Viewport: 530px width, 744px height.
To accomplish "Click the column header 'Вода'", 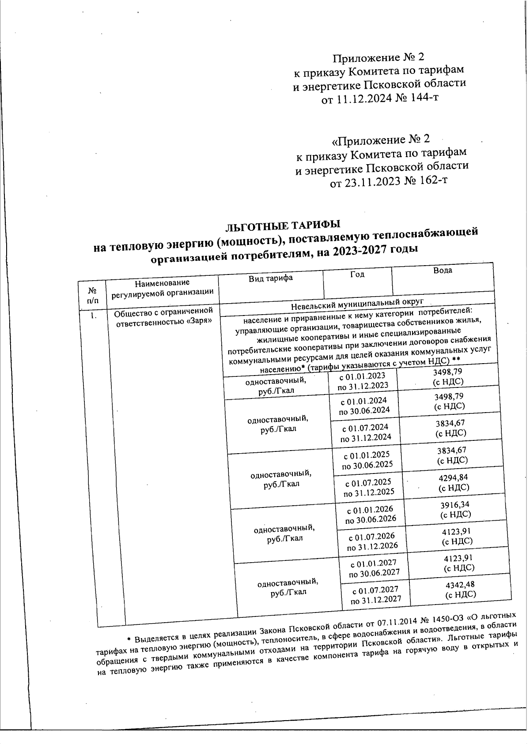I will click(x=443, y=270).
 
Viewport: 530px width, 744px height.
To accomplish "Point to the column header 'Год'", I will click(x=357, y=274).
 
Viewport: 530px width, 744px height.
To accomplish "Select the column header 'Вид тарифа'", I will click(x=271, y=278).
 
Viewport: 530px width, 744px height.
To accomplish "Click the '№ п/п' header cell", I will click(x=93, y=296).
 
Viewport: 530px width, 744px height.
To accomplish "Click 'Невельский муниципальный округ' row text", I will click(x=357, y=304).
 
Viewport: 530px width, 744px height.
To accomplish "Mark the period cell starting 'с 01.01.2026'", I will click(x=370, y=514).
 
